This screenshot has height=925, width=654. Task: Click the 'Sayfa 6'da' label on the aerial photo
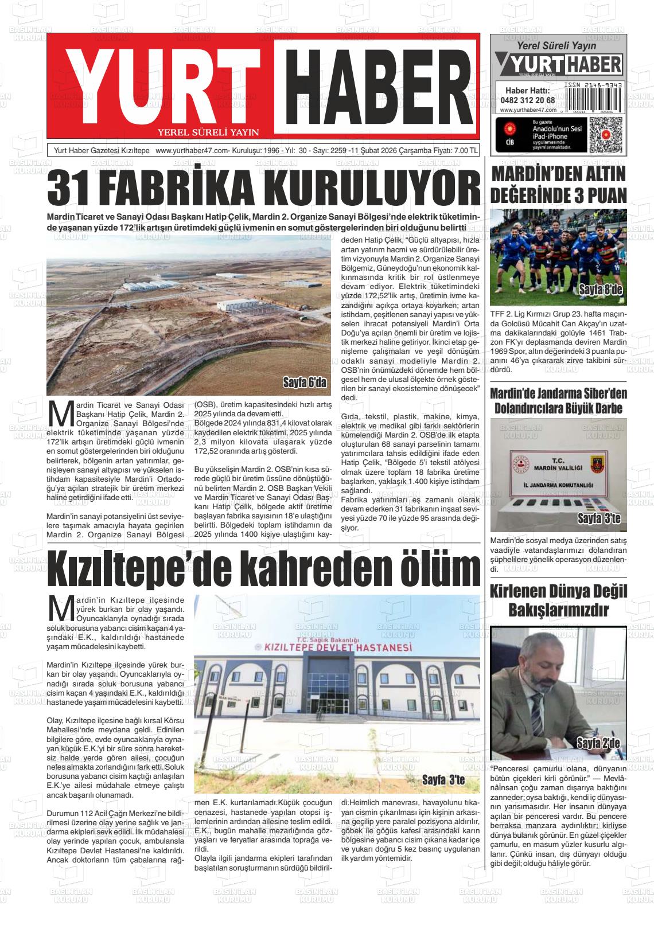click(x=304, y=383)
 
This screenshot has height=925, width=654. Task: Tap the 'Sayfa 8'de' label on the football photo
click(x=600, y=289)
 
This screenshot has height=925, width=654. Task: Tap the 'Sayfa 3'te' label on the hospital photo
click(x=443, y=780)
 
